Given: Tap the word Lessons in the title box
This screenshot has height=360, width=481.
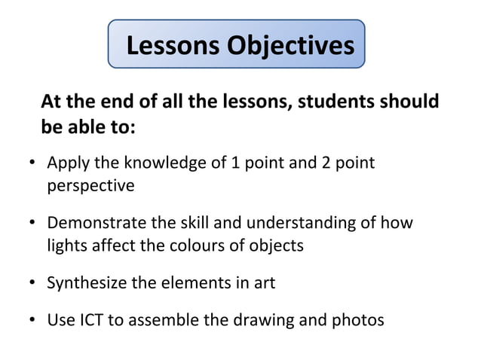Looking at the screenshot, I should click(x=174, y=46).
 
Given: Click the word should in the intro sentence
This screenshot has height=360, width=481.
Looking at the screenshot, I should click(x=410, y=102).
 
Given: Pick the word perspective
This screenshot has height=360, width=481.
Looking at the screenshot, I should click(x=90, y=185).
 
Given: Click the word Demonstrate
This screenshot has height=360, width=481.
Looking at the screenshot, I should click(x=97, y=223).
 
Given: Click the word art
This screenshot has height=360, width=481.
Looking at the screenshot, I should click(x=264, y=283).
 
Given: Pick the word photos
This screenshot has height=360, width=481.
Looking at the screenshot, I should click(x=357, y=320).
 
